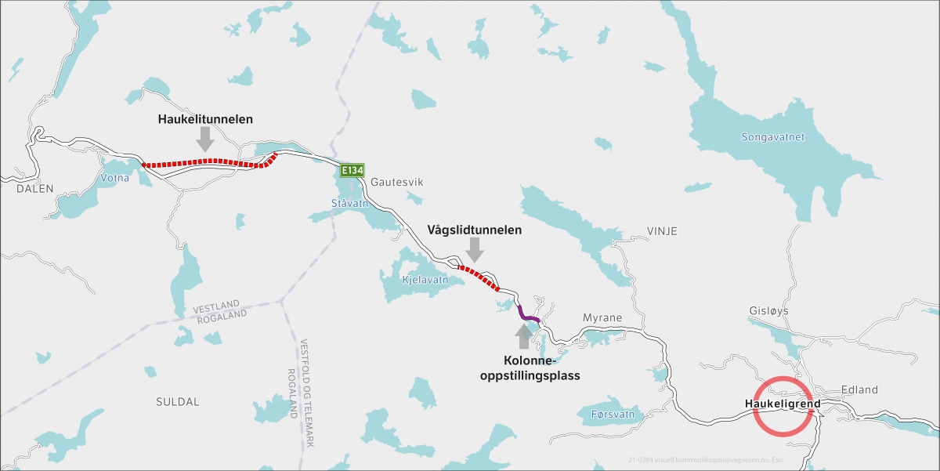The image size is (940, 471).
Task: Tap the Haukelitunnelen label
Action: pyautogui.click(x=204, y=118)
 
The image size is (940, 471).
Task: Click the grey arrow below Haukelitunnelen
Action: pyautogui.click(x=205, y=139)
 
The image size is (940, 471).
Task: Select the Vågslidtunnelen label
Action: pyautogui.click(x=475, y=230)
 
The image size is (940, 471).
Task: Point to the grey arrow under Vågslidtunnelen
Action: pyautogui.click(x=475, y=251)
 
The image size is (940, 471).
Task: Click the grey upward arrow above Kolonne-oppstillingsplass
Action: pyautogui.click(x=524, y=336)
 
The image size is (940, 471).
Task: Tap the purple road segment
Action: pyautogui.click(x=526, y=314)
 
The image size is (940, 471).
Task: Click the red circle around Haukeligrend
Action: pyautogui.click(x=783, y=405)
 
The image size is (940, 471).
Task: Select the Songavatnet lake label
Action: pyautogui.click(x=772, y=137)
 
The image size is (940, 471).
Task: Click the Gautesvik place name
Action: pyautogui.click(x=397, y=182)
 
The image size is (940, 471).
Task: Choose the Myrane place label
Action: pyautogui.click(x=602, y=317)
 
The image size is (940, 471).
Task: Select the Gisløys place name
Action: pyautogui.click(x=768, y=310)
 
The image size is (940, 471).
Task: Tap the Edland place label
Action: pyautogui.click(x=859, y=389)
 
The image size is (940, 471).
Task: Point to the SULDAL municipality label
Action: pyautogui.click(x=178, y=401)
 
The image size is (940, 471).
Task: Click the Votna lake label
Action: pyautogui.click(x=115, y=178)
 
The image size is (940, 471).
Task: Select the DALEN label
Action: pyautogui.click(x=34, y=188)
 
